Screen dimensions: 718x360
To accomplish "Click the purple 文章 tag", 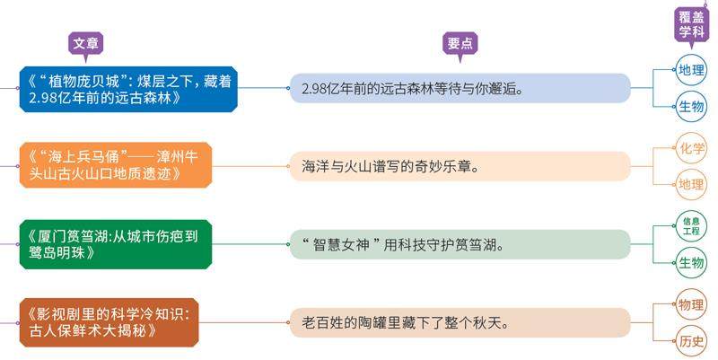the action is (x=86, y=43).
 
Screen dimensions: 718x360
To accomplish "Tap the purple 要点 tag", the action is (x=461, y=43).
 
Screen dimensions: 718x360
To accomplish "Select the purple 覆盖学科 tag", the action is (x=690, y=25).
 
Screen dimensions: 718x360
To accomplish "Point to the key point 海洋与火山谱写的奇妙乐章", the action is (x=460, y=166).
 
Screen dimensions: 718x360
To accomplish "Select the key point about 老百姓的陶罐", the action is (x=460, y=320).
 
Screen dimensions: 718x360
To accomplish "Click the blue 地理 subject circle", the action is (x=691, y=69).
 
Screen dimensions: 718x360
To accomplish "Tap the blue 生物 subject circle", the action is (x=691, y=106).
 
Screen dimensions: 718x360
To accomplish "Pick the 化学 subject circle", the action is (x=691, y=148).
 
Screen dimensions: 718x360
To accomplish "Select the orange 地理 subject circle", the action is (x=691, y=185).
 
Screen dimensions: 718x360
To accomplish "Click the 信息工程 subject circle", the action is (x=691, y=224).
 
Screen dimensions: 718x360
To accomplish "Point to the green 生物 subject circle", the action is (x=691, y=262).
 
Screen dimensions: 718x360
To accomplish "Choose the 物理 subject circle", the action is (x=691, y=303).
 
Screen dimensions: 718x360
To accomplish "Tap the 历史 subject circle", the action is (x=691, y=341).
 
